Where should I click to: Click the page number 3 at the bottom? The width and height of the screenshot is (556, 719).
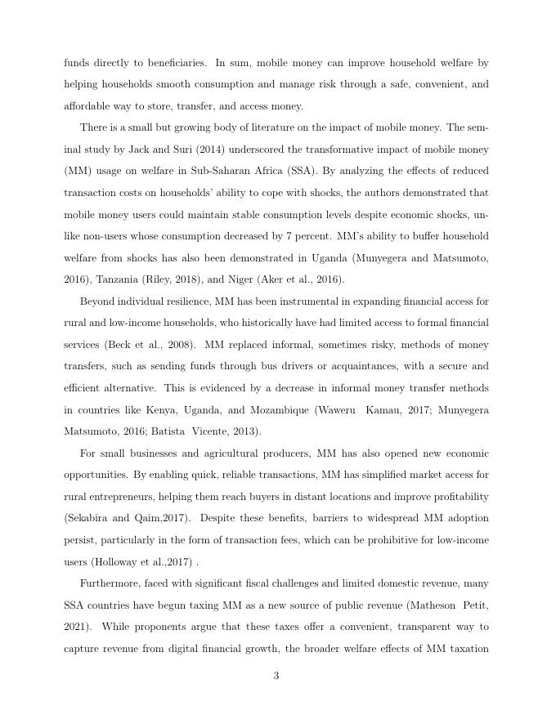click(x=276, y=676)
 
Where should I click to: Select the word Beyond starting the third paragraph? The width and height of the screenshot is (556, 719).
click(x=97, y=301)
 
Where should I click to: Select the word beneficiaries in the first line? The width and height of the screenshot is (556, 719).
click(x=169, y=63)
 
